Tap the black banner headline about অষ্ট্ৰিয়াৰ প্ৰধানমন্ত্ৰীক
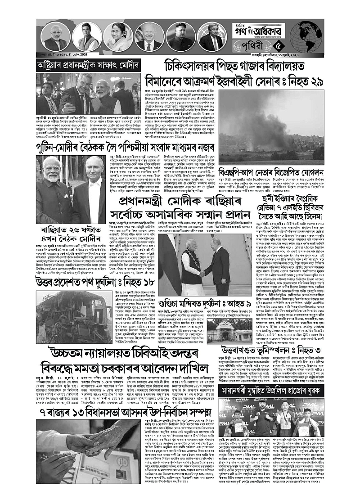pos(89,66)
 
